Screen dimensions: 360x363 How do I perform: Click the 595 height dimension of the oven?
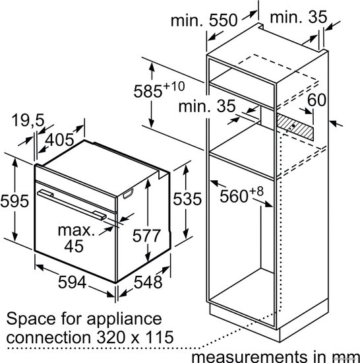click(15, 201)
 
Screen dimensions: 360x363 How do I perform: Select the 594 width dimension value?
click(72, 282)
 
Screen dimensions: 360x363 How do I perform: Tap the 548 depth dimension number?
click(148, 282)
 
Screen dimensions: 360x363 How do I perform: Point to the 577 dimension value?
click(146, 236)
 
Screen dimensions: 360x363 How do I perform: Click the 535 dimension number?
click(187, 199)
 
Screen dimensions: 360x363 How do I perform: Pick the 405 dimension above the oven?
click(59, 140)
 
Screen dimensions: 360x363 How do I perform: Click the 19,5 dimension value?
click(28, 120)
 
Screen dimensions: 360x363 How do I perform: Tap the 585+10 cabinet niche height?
click(159, 89)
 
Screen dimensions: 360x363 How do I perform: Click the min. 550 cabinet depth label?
click(204, 20)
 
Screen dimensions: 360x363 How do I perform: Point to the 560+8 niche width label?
click(241, 195)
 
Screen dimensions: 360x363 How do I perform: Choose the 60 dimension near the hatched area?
click(316, 100)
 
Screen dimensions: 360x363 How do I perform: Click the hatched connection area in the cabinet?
click(295, 127)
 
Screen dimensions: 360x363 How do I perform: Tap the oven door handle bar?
click(72, 205)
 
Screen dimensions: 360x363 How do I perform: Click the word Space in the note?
click(31, 319)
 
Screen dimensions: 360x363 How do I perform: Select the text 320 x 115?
click(135, 337)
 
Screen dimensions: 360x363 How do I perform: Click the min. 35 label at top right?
click(299, 17)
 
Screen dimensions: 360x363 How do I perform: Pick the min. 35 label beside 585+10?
click(207, 106)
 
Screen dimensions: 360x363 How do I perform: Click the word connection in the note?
click(48, 337)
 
